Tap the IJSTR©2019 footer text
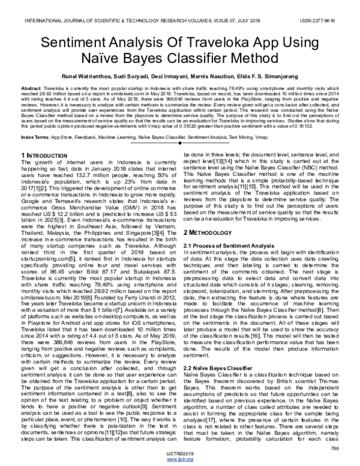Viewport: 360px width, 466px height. (180, 452)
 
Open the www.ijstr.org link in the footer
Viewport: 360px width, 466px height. (180, 459)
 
